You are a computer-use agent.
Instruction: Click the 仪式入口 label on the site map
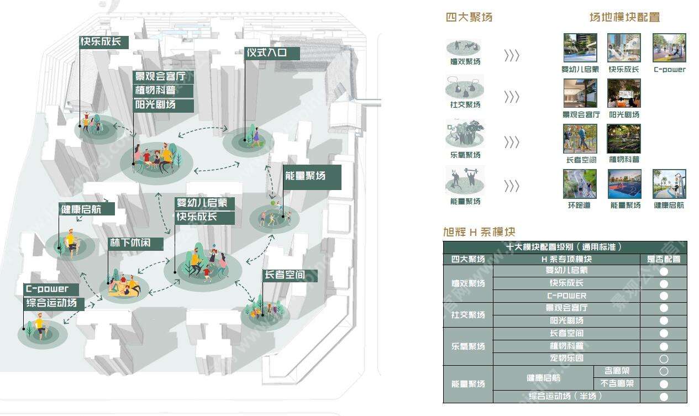272,54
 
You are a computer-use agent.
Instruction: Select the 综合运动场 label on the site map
54,303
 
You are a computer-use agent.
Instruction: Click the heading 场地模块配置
624,17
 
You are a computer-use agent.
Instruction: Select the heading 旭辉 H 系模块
479,232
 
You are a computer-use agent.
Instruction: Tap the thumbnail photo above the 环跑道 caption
580,184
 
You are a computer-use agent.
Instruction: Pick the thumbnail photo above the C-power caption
669,48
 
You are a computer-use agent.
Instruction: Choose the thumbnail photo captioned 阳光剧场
624,93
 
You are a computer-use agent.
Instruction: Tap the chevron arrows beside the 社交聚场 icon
512,97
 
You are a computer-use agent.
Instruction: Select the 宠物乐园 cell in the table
566,359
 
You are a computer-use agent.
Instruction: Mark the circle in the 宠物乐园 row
664,359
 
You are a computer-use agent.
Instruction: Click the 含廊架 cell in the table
617,371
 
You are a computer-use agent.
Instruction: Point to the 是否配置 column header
664,259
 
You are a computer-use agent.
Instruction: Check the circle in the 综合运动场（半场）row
664,397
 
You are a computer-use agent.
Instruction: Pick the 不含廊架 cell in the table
617,384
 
